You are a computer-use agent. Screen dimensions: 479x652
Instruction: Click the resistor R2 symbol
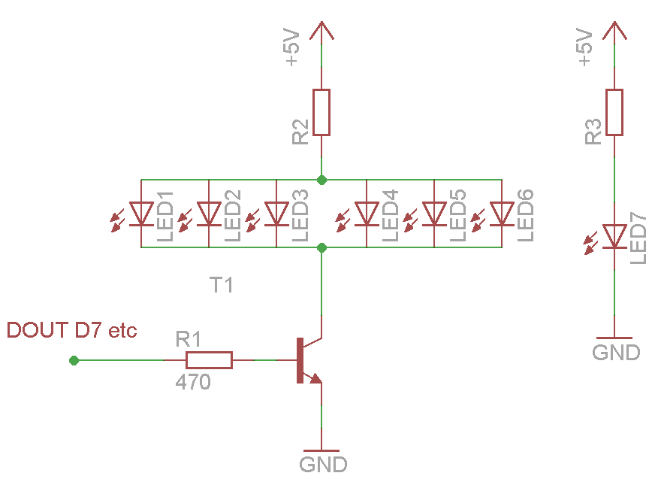pos(321,113)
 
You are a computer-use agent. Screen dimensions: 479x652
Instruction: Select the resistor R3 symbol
pos(614,113)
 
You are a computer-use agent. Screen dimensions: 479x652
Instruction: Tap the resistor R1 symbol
pos(209,360)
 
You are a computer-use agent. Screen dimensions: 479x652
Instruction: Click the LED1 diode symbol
pos(141,214)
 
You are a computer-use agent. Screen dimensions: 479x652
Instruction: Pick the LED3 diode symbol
pos(276,214)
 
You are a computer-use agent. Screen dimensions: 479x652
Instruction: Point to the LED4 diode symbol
pos(367,214)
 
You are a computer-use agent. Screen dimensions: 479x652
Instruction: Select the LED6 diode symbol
pos(502,214)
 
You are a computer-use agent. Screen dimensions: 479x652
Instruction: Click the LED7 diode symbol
pos(614,236)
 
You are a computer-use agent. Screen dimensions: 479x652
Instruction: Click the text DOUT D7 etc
pos(72,330)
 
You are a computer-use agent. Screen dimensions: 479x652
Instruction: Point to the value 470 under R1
pos(193,382)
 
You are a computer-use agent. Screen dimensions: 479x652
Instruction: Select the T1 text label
pos(222,285)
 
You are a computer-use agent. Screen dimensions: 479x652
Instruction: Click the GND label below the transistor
pos(323,463)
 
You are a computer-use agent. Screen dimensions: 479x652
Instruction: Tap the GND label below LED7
pos(616,352)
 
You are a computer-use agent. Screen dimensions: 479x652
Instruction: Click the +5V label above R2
pos(293,49)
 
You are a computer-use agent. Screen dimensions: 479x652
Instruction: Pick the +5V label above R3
pos(586,49)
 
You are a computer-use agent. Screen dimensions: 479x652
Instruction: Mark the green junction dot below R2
pos(321,180)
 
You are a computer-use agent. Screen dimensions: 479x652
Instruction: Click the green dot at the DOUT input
pos(74,361)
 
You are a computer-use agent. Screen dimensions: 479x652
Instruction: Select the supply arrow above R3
pos(614,32)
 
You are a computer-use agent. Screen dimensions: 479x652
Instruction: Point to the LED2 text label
pos(232,216)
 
